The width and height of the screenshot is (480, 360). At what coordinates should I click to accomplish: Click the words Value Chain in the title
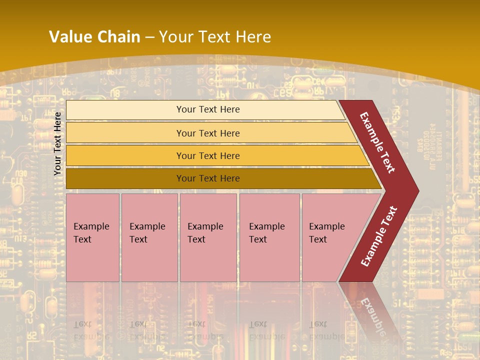[94, 37]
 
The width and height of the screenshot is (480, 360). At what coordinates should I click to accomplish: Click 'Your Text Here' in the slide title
[215, 37]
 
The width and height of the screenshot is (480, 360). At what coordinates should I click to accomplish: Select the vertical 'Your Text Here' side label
[58, 143]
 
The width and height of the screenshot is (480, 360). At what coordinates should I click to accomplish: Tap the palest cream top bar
[125, 110]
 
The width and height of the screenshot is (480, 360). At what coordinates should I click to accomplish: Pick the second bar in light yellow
[125, 133]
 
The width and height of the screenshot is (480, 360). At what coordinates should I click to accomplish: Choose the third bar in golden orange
[125, 156]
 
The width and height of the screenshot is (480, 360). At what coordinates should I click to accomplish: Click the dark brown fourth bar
[125, 178]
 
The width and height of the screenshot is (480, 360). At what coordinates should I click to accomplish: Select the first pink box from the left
[92, 260]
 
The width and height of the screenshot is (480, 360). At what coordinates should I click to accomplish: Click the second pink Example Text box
[149, 260]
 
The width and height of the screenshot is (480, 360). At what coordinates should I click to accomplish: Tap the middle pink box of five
[208, 260]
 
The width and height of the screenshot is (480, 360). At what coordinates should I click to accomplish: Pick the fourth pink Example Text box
[269, 260]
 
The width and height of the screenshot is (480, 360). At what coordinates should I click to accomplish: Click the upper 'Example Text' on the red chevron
[377, 142]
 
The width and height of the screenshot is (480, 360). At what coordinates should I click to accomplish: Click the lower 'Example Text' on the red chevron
[379, 236]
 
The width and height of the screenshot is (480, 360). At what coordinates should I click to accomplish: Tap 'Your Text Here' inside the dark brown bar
[208, 178]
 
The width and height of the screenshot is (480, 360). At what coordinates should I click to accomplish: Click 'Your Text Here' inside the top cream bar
[208, 109]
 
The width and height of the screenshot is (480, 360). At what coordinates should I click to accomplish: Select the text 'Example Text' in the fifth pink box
[326, 233]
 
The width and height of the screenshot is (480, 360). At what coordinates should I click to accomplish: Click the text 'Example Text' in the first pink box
[91, 233]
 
